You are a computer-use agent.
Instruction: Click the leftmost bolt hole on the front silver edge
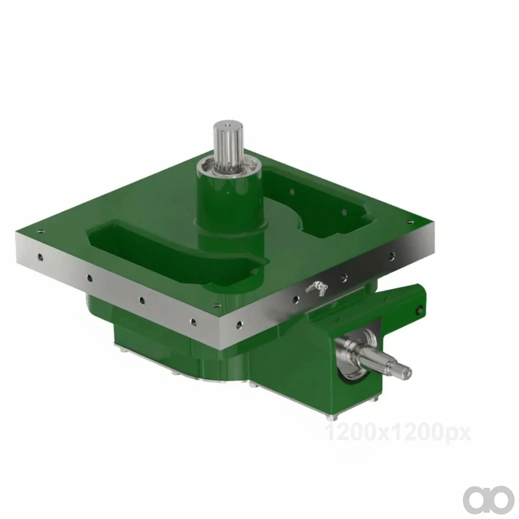pyautogui.click(x=40, y=257)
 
